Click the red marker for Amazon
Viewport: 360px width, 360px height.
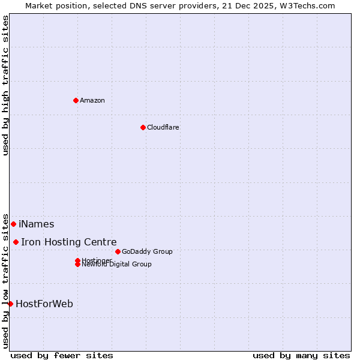(x=76, y=100)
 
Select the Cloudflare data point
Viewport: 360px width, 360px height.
(x=143, y=127)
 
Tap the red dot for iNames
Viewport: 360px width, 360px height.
(x=13, y=224)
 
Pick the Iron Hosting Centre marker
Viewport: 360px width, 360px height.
(x=16, y=242)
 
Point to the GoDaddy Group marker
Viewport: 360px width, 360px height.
(x=118, y=251)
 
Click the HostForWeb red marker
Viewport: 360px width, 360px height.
(x=10, y=304)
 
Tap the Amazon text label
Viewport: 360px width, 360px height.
(x=92, y=100)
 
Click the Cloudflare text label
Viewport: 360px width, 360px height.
(x=163, y=127)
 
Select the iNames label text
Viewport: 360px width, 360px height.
(x=36, y=224)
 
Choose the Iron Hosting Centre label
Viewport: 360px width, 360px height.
(x=69, y=242)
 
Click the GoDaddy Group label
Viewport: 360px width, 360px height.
(x=147, y=251)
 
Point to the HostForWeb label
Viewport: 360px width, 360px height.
(x=44, y=304)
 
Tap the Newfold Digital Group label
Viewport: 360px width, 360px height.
(x=117, y=265)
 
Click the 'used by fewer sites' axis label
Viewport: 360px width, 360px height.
(x=62, y=355)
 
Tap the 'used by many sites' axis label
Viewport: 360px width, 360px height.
(x=301, y=355)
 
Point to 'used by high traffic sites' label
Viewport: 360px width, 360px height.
(x=6, y=85)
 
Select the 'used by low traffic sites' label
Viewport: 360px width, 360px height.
(x=6, y=280)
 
